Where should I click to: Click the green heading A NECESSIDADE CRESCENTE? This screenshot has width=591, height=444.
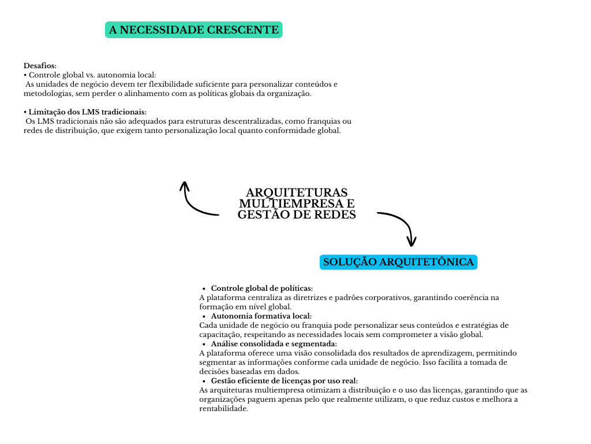[193, 29]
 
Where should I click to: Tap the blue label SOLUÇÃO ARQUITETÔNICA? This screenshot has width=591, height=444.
[398, 262]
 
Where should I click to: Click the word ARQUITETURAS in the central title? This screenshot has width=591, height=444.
[297, 193]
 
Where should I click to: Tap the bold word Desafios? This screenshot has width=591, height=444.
[40, 66]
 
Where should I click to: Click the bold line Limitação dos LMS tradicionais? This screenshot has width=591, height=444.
[88, 112]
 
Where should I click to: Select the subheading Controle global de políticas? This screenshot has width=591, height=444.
[262, 288]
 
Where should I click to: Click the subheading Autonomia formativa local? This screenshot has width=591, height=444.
[261, 316]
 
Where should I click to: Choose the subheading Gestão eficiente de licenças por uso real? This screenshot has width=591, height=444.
[285, 381]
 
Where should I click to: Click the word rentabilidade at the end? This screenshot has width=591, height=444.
[223, 409]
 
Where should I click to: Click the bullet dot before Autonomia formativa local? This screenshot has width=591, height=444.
[204, 316]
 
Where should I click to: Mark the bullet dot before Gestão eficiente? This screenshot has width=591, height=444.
[204, 382]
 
